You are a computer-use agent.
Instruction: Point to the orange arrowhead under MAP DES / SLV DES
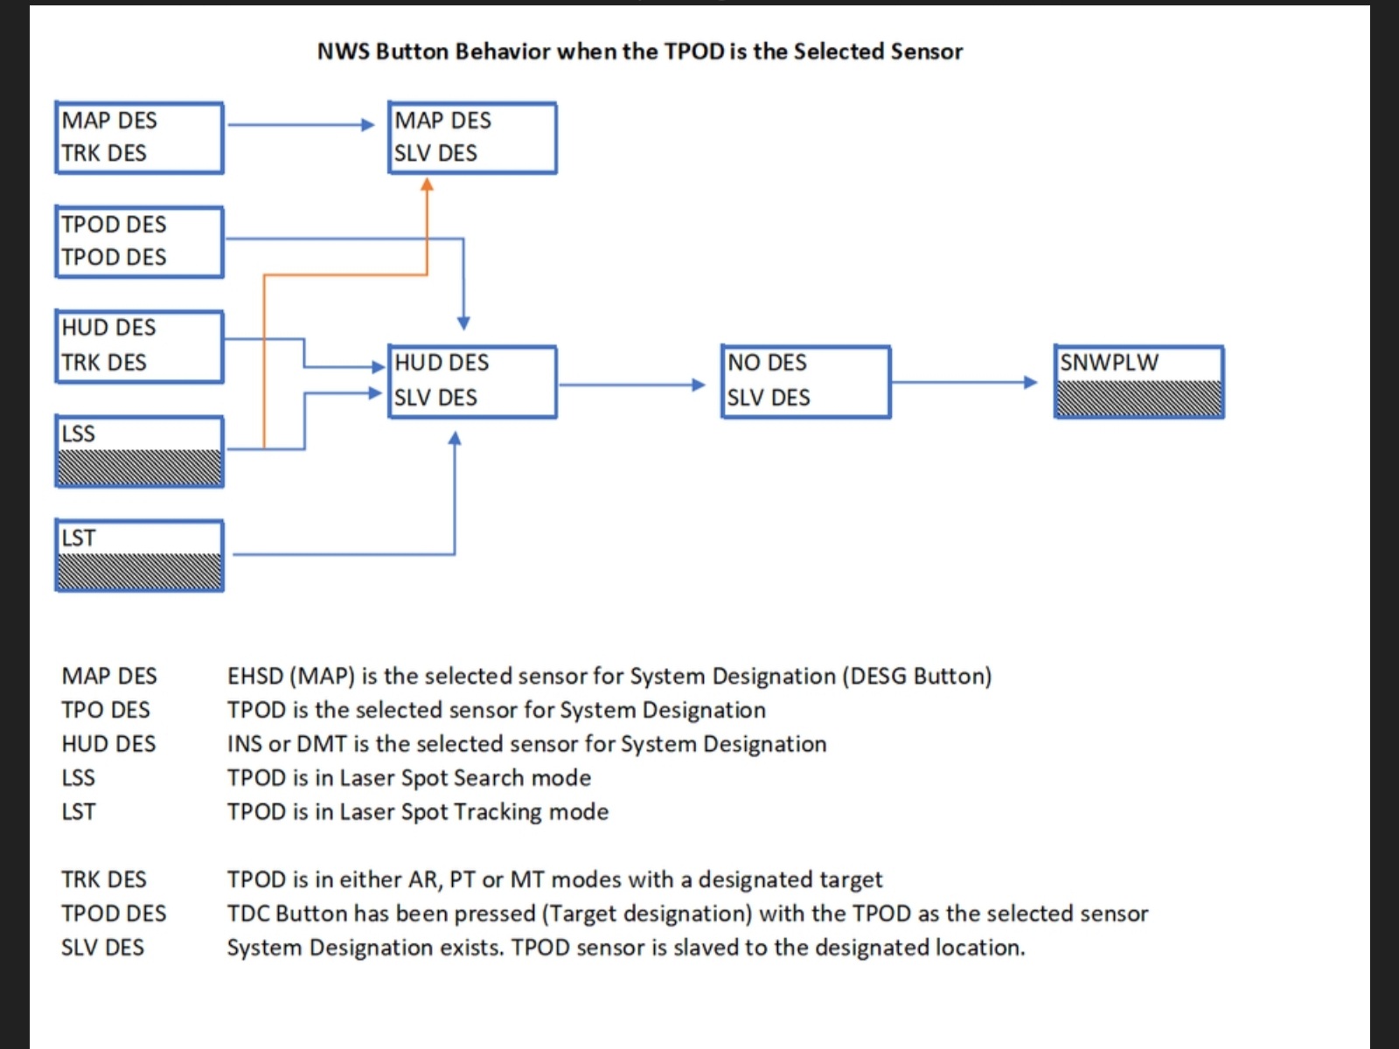(x=427, y=184)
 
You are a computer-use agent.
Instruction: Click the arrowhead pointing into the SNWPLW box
(x=1031, y=382)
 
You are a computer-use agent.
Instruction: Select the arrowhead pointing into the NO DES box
(x=699, y=385)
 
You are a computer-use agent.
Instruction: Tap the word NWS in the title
(x=344, y=51)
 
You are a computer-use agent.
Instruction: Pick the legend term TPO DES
(x=106, y=710)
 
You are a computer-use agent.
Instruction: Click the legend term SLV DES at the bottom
(x=102, y=947)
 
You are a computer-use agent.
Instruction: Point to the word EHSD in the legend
(x=255, y=676)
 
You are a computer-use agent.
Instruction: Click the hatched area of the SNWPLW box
(x=1139, y=398)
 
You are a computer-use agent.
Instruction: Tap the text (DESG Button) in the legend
(x=917, y=676)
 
